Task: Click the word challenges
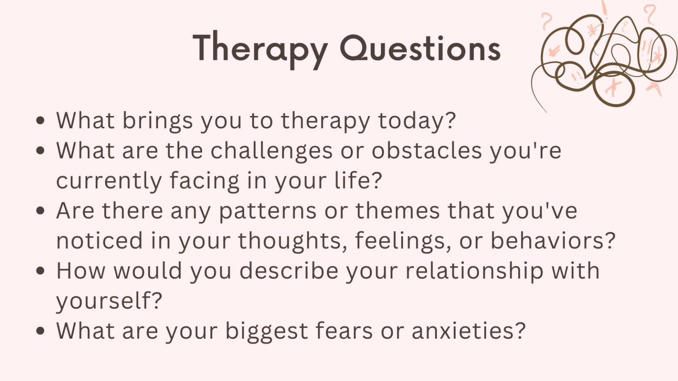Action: (271, 151)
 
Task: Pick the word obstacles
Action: (426, 151)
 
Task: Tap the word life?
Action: (358, 181)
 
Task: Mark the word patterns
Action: (267, 211)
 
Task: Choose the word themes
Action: (398, 211)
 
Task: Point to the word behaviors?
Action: (553, 241)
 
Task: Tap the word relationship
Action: (475, 271)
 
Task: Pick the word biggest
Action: (266, 331)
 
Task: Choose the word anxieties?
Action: (468, 331)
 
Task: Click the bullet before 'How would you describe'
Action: (41, 271)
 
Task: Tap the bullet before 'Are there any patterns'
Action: (41, 211)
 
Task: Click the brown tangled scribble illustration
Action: (605, 57)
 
